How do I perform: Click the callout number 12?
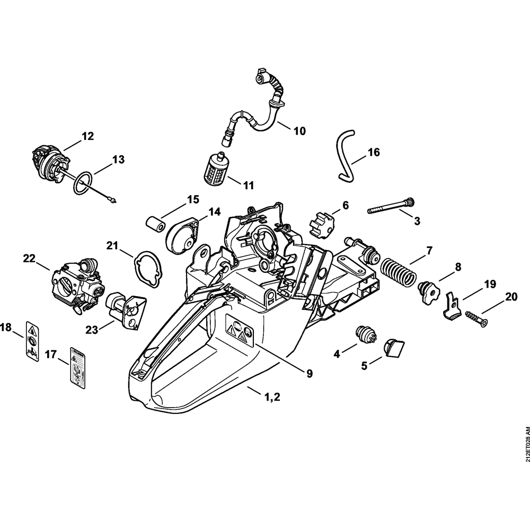(x=87, y=136)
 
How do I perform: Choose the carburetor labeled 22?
(x=72, y=281)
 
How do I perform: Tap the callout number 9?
(x=308, y=373)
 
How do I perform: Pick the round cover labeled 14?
(x=181, y=235)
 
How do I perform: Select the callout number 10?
(x=299, y=130)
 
